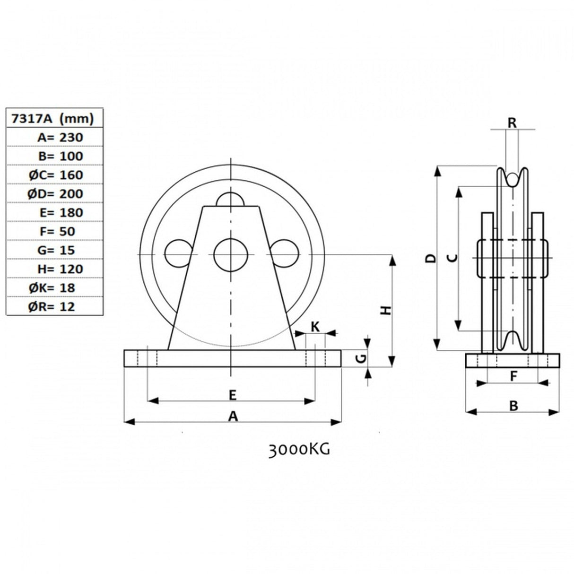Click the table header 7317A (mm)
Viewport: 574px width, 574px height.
[54, 118]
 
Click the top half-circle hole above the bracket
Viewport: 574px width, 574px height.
[230, 200]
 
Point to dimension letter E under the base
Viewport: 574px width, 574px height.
[232, 394]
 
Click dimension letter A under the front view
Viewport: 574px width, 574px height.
[233, 416]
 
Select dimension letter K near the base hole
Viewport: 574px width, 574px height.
[315, 326]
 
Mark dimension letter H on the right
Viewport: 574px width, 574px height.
[387, 310]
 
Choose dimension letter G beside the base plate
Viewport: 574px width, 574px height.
[360, 359]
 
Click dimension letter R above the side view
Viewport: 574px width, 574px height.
[512, 122]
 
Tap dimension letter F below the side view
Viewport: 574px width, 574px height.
[513, 376]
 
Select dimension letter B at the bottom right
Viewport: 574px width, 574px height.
[513, 405]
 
